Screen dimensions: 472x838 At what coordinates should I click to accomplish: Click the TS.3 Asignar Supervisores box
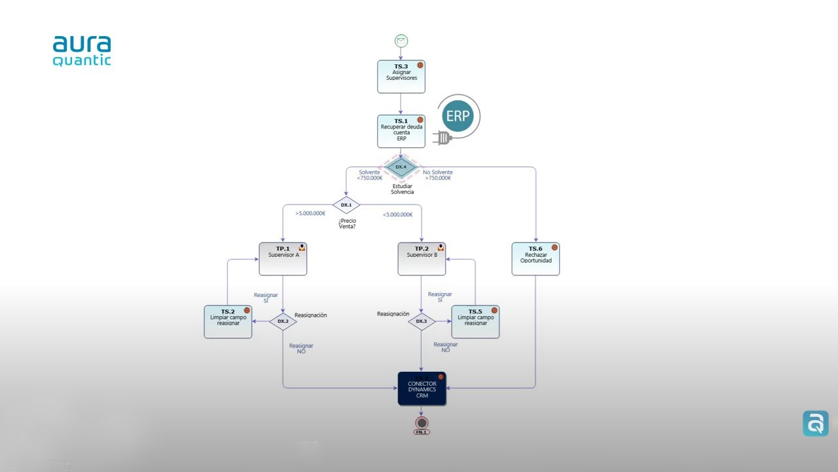click(401, 77)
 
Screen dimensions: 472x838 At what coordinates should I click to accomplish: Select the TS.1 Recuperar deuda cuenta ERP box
click(401, 132)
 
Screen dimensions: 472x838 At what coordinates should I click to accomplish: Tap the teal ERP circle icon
click(457, 116)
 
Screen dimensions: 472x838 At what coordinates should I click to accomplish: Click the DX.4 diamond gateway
click(401, 167)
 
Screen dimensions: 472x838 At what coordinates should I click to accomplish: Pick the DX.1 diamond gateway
click(346, 205)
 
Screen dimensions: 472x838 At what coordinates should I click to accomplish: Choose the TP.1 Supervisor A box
click(283, 259)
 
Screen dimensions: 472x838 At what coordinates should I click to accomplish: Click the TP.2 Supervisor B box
click(422, 259)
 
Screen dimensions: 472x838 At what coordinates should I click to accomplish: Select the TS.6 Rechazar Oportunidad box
click(536, 259)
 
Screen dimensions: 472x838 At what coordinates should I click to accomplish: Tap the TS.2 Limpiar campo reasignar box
click(228, 322)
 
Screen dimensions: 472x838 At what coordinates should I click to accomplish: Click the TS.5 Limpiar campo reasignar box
click(475, 322)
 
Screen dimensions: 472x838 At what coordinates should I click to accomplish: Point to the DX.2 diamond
click(283, 321)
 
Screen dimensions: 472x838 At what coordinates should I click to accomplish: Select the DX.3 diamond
click(422, 321)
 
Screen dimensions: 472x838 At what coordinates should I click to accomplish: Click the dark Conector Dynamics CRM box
click(422, 389)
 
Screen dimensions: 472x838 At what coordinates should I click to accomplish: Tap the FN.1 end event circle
click(422, 423)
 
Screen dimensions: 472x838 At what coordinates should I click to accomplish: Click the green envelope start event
click(401, 41)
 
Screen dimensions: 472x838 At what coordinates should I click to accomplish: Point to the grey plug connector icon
click(443, 138)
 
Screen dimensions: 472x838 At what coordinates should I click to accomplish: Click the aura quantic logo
click(82, 51)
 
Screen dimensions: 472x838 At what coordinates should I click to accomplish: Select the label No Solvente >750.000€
click(437, 175)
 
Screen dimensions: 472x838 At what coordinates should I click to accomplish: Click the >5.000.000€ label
click(310, 214)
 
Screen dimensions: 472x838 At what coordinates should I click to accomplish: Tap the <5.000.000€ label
click(397, 214)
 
